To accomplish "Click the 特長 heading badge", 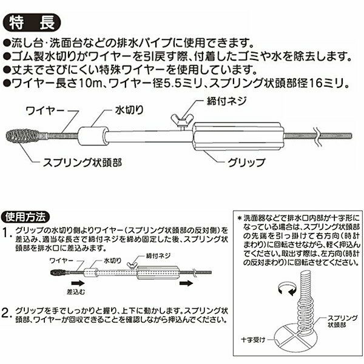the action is point(32,23).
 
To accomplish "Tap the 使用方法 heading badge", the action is point(25,217).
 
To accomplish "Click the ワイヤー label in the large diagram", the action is point(45,111).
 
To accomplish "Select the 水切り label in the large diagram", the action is point(129,110).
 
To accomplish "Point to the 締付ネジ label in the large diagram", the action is point(226,101).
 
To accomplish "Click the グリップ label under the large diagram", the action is point(246,162).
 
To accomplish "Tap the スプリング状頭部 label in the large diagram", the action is point(83,162).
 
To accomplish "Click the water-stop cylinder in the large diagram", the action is point(93,136).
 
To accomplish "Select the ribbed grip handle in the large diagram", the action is point(239,136).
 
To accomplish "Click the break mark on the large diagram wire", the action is point(318,136).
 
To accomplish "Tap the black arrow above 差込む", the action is point(78,283).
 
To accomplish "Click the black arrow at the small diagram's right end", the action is point(186,283).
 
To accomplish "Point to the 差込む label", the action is point(76,292).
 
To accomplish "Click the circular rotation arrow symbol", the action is point(288,289).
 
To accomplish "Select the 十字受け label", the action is point(253,340).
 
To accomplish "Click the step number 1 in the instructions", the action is point(7,233).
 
